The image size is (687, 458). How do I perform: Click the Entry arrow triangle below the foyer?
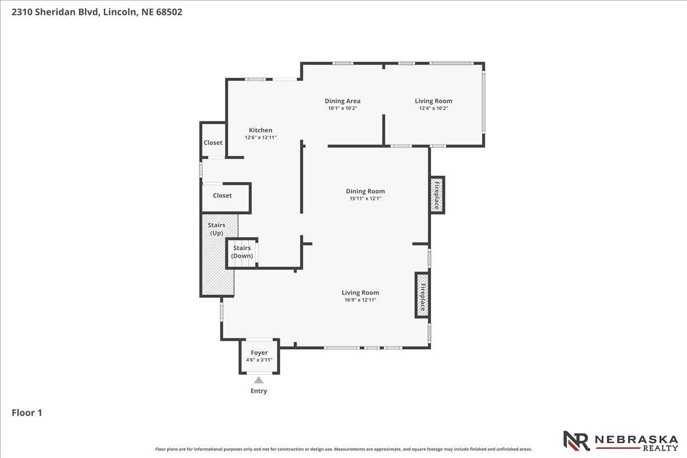pos(259,380)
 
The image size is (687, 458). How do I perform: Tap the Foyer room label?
pos(259,353)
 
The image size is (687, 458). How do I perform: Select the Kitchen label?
pos(260,130)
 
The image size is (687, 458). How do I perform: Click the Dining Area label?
pos(342,101)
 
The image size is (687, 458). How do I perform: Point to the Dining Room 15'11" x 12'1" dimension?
pos(365,199)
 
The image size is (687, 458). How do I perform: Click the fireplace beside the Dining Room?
pos(437,195)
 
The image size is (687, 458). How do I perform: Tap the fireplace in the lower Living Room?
pos(423,295)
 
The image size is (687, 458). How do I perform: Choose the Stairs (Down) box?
pos(242,253)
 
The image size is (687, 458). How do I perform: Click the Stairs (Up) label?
pos(216,229)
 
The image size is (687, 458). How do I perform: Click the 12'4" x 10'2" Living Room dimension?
pos(433,108)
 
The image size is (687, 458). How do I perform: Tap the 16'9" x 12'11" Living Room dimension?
pos(360,300)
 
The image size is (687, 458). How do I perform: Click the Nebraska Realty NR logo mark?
pos(577,441)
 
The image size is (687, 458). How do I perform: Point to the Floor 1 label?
pos(27,413)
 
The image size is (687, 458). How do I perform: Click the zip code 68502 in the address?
pos(169,12)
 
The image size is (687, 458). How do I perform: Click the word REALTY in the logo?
pos(660,448)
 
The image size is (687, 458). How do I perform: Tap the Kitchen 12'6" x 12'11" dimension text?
pos(260,137)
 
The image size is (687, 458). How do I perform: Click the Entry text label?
pos(259,391)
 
